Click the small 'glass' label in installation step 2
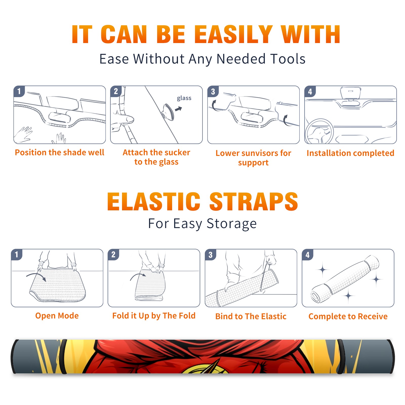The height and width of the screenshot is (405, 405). (x=184, y=98)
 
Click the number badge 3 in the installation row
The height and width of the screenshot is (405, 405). (x=213, y=91)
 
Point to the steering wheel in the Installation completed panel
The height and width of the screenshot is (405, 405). (x=319, y=132)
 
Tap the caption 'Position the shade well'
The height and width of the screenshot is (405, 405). (x=59, y=152)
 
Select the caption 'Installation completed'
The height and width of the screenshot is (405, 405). (x=350, y=153)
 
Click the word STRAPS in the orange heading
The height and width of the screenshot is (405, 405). (x=254, y=201)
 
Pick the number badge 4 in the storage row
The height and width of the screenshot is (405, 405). (x=307, y=255)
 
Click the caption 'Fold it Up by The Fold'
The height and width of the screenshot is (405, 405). (x=154, y=316)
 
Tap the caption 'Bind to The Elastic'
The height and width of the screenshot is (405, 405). (x=251, y=316)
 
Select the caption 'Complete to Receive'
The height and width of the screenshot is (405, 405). (x=348, y=316)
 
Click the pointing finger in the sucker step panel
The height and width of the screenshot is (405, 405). (x=124, y=119)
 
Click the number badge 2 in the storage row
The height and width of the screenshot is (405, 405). (x=113, y=255)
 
